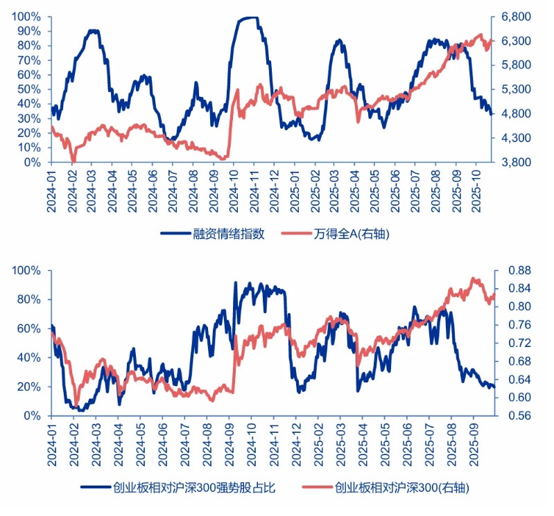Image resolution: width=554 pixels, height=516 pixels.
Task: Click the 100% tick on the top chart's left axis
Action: coord(27,17)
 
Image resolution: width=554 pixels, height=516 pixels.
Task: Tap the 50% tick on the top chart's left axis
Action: coord(30,89)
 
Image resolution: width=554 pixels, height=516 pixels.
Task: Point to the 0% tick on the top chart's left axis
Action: coord(33,162)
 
